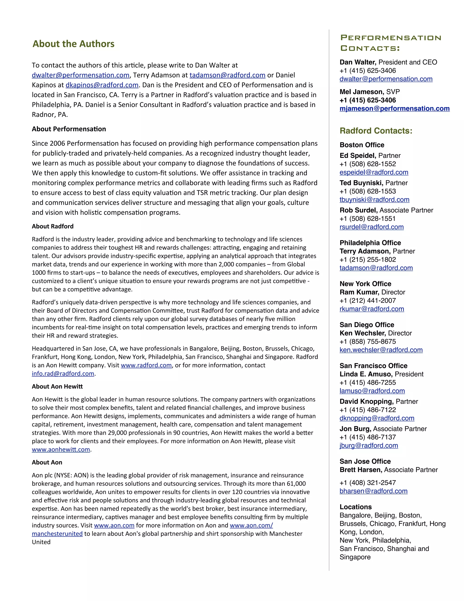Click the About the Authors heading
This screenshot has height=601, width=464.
coord(73,44)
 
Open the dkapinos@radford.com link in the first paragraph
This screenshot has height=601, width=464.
coord(102,85)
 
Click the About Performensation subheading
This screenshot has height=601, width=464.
coord(69,129)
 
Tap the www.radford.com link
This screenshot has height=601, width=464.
coord(146,365)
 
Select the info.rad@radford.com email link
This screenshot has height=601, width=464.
coord(63,374)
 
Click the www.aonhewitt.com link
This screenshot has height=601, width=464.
coord(61,449)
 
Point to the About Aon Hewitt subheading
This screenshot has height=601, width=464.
coord(57,386)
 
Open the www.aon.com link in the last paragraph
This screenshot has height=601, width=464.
coord(114,525)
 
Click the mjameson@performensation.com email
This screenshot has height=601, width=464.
coord(394,108)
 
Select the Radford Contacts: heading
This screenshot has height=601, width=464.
coord(376,131)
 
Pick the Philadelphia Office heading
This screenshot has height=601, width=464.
coord(370,243)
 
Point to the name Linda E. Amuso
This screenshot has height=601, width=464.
coord(366,374)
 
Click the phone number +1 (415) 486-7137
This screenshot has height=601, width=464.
coord(367,437)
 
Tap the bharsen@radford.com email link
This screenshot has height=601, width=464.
coord(373,491)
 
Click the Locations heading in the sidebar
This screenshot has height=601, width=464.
coord(355,507)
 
